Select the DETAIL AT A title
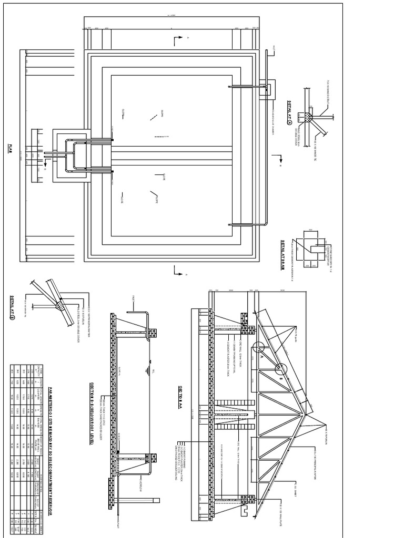pos(289,109)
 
